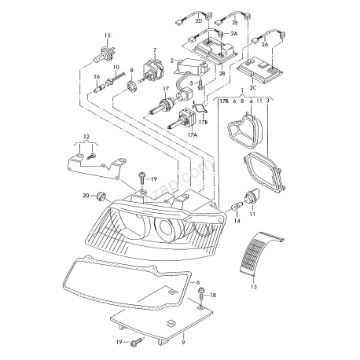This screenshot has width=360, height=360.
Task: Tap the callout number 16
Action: [x=97, y=76]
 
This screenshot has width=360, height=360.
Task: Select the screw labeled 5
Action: [x=202, y=79]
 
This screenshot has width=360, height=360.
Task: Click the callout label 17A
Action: [x=192, y=135]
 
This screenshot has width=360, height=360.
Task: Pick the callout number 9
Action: [x=182, y=342]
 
